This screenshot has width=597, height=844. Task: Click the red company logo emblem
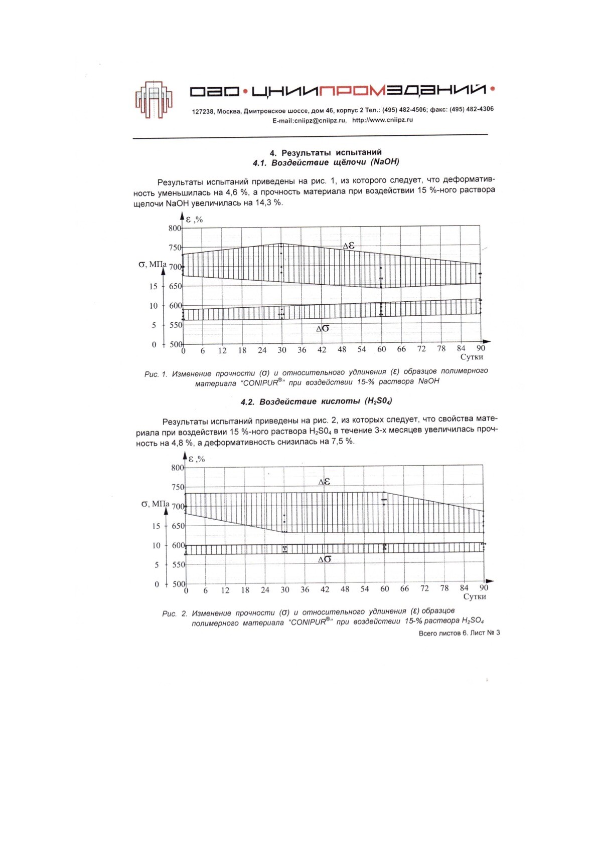point(154,99)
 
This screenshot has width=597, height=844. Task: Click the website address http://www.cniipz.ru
point(382,120)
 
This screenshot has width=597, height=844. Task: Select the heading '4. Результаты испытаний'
point(326,152)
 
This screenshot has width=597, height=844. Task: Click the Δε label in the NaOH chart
point(348,246)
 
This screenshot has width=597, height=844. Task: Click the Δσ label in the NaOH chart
point(323,329)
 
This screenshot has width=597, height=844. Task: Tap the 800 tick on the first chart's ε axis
point(175,228)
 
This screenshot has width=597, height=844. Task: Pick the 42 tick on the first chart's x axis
point(322,350)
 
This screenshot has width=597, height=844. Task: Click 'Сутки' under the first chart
point(472,357)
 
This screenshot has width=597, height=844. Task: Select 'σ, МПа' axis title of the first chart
point(152,264)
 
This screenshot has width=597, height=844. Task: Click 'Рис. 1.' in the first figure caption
point(156,374)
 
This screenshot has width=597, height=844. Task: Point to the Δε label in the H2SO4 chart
point(324,482)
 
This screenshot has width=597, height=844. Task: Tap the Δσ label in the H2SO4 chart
point(325,559)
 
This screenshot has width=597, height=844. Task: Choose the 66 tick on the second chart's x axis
point(404,589)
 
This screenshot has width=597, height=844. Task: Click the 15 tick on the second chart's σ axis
point(156,526)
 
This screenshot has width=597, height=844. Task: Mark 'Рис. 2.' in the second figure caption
point(175,613)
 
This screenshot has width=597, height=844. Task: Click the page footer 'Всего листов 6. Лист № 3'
point(459,633)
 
